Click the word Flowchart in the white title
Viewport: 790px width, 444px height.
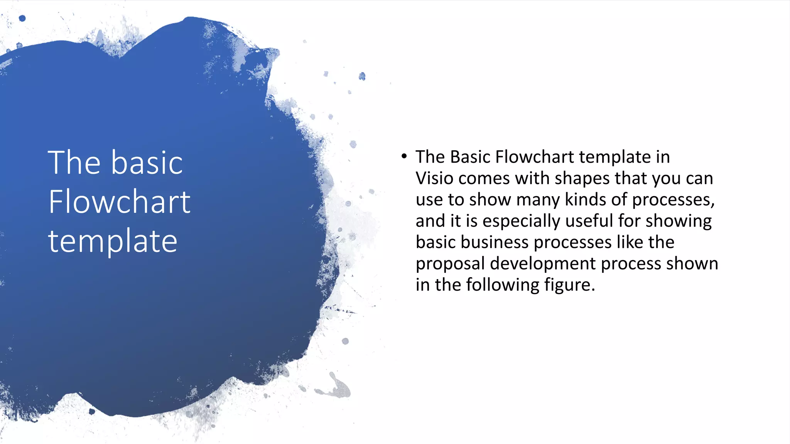coord(119,202)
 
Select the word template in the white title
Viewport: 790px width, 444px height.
coord(113,242)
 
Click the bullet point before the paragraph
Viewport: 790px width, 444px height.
coord(404,156)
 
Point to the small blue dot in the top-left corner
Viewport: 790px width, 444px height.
coord(22,18)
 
